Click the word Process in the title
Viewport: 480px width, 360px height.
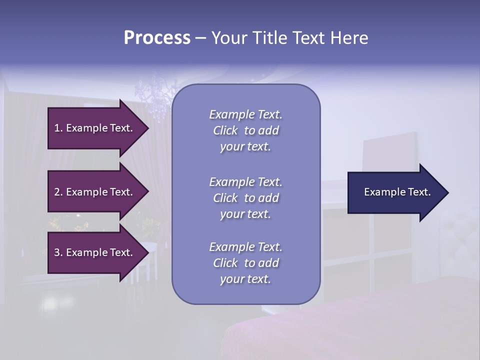[x=157, y=38]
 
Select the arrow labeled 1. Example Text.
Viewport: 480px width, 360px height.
[x=95, y=128]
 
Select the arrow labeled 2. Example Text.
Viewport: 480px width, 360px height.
[x=95, y=192]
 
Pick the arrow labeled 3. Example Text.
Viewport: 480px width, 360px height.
[x=95, y=252]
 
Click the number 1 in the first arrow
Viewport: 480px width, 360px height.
[x=57, y=128]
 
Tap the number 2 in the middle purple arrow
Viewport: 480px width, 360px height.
[x=57, y=192]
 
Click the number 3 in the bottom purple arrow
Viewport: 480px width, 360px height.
[x=57, y=252]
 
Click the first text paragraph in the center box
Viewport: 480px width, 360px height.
[x=245, y=130]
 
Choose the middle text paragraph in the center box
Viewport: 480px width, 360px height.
[x=245, y=198]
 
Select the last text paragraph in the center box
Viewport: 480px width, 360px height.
[x=245, y=263]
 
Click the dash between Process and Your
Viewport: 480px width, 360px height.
[x=200, y=38]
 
